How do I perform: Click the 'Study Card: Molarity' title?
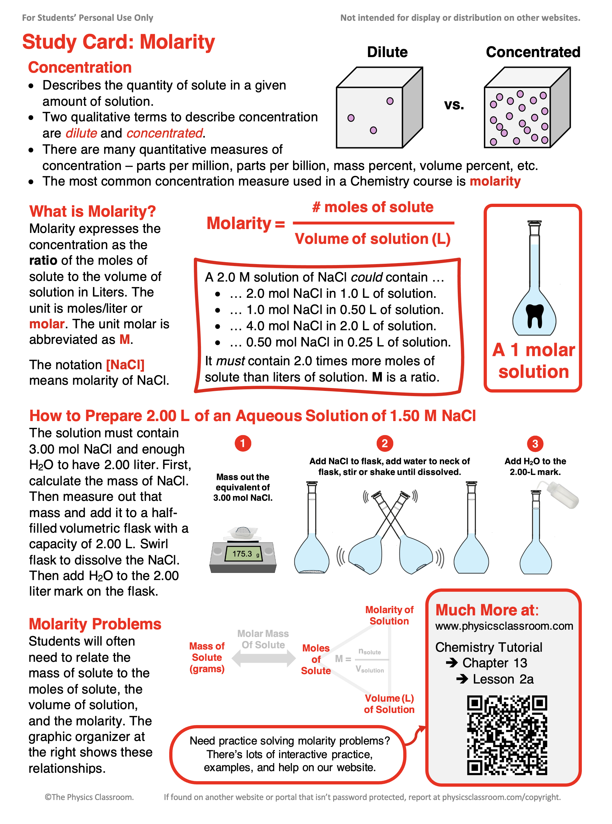[118, 42]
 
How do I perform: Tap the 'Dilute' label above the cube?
[387, 52]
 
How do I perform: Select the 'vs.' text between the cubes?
[454, 105]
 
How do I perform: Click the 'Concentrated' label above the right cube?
[533, 52]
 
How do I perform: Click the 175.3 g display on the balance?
[243, 554]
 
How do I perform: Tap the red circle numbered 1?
[243, 443]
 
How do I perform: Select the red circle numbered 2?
[384, 443]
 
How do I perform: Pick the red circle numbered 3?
[535, 444]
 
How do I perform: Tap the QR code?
[507, 735]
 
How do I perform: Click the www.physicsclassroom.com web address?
[504, 626]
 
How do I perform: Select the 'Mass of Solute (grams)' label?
[207, 657]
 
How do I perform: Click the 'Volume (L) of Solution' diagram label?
[389, 704]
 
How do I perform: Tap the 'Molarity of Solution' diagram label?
[389, 615]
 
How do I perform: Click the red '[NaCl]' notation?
[125, 365]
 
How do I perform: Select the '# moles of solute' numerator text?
[373, 207]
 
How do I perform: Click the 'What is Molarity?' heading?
[92, 211]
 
